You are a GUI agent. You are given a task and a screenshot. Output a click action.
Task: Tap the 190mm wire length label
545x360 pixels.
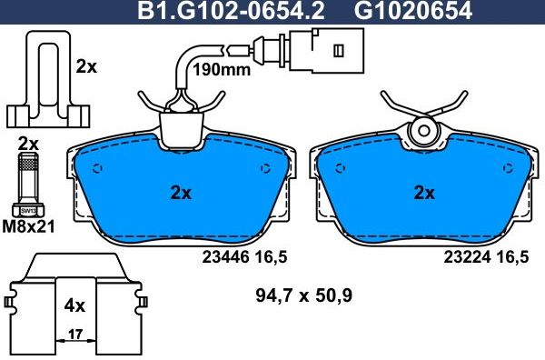[223, 69]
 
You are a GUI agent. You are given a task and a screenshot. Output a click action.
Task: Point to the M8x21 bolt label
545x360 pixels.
[28, 225]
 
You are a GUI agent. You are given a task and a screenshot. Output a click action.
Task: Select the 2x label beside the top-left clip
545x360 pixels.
[85, 66]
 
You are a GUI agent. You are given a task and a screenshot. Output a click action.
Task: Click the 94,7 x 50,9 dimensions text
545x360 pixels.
[304, 295]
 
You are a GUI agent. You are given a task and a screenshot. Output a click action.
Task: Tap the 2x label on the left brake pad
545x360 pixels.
[181, 193]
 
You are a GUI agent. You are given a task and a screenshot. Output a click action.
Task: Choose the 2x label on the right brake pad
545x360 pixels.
[424, 193]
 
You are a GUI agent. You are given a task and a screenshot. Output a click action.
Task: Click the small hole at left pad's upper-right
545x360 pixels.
[265, 167]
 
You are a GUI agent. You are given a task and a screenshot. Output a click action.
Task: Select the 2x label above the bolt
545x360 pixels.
[28, 144]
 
